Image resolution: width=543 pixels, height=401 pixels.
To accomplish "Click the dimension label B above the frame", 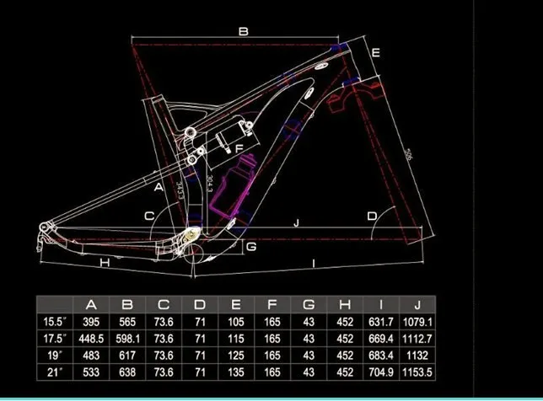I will (243, 31).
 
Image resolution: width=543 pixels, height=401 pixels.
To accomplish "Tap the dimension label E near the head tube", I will (376, 53).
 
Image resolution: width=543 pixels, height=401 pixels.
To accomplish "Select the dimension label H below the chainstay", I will (105, 263).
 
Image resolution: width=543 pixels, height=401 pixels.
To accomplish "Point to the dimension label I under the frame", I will (315, 265).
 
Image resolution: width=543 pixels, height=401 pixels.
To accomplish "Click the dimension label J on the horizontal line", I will (296, 223).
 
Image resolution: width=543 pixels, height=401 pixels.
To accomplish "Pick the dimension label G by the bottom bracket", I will (250, 247).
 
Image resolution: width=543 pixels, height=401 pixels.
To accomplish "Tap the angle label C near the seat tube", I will (149, 216).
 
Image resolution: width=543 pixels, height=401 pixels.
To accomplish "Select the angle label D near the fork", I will (372, 216).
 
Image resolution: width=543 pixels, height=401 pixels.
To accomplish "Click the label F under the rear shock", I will (239, 150).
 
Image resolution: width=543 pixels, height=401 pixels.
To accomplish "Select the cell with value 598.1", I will (128, 338).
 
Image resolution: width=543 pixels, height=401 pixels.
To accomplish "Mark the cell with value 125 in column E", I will (236, 355).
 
